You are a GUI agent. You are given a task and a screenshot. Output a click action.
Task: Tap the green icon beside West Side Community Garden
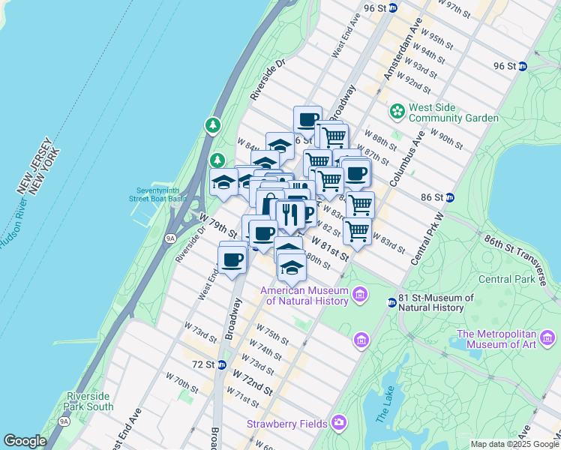[397, 112]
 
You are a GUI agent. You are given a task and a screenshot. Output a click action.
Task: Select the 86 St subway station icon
[450, 198]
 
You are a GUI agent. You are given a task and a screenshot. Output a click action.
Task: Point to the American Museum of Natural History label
[304, 296]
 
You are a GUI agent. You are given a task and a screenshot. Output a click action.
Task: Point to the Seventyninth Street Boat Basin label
[161, 194]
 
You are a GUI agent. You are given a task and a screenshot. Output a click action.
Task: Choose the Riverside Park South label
[90, 401]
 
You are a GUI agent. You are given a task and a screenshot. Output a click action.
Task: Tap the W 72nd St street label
[252, 380]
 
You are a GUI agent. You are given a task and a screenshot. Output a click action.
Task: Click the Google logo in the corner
[25, 441]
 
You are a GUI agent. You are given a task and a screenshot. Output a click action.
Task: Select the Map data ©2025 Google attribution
[514, 444]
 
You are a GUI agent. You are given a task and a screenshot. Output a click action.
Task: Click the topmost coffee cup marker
[307, 120]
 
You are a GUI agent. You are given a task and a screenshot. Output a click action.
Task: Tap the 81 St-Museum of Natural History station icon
[391, 303]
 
